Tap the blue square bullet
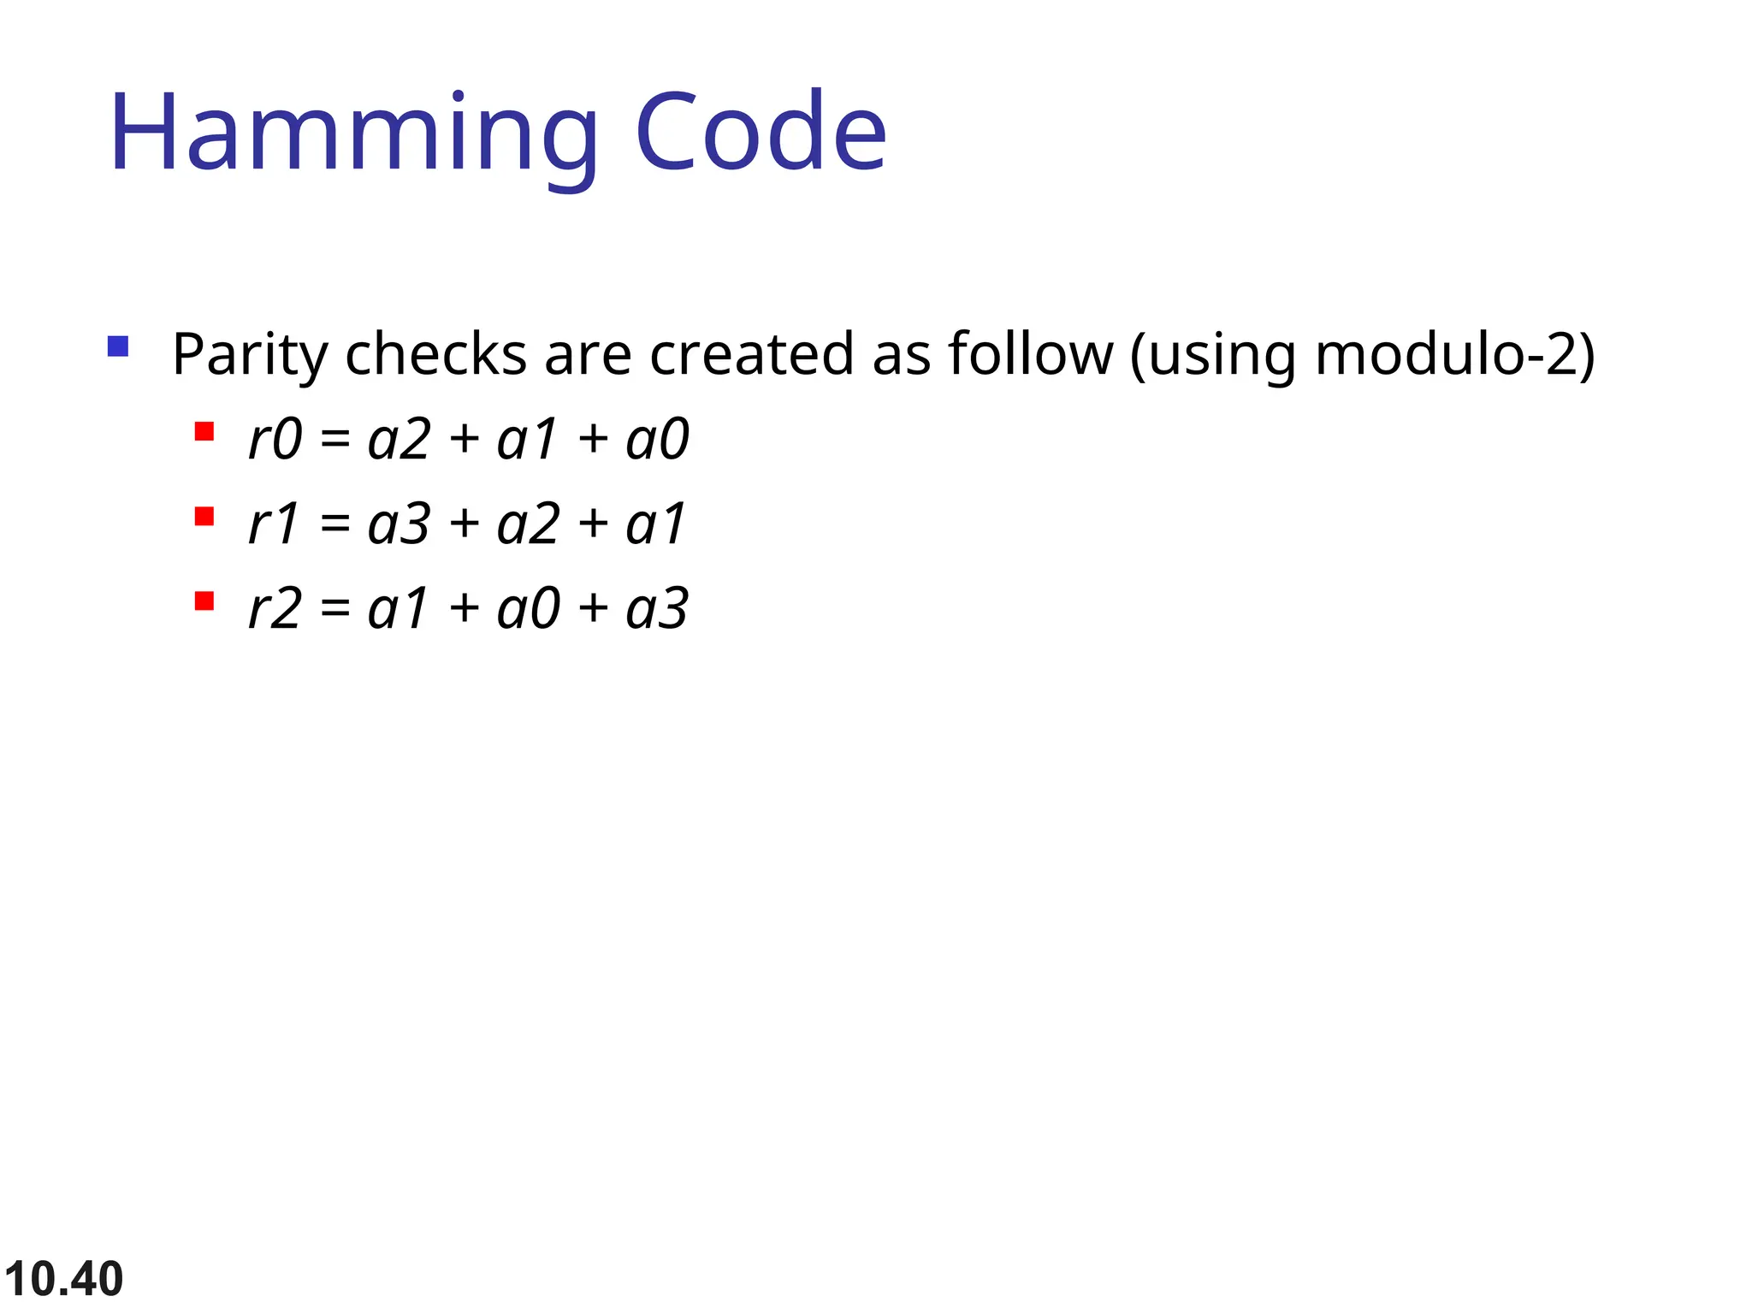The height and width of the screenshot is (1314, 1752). click(x=118, y=346)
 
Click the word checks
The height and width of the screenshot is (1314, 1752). click(x=435, y=354)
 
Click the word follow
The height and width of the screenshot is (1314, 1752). click(x=1030, y=354)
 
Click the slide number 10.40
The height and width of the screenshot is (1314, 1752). click(x=63, y=1279)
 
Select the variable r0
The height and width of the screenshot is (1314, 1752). click(x=275, y=440)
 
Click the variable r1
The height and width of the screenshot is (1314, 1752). click(x=273, y=524)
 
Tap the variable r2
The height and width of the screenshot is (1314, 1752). click(x=275, y=609)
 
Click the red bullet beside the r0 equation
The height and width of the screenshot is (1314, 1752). click(x=204, y=431)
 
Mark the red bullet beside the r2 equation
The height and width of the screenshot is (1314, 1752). click(x=204, y=601)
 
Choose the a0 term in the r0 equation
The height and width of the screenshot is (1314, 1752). click(x=657, y=440)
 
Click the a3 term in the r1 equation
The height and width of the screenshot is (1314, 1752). click(x=398, y=524)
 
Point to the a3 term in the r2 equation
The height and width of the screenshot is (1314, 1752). click(x=657, y=609)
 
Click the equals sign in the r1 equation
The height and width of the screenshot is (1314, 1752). click(x=334, y=524)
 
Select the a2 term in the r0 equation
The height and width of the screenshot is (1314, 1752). click(x=398, y=440)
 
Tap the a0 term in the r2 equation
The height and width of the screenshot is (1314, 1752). click(x=528, y=609)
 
